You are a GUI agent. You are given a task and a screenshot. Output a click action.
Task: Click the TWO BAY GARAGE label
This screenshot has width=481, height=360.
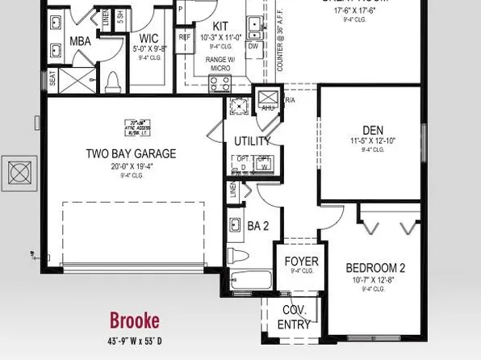click(x=131, y=153)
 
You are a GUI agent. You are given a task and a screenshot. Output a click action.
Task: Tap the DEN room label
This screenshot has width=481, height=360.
click(x=372, y=129)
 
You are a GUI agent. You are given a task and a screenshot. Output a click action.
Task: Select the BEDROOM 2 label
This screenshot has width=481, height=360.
click(x=375, y=268)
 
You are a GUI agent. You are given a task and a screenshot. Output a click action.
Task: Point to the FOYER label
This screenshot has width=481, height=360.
click(x=302, y=262)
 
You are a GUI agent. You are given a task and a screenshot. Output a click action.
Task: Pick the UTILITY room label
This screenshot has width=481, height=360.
click(x=252, y=141)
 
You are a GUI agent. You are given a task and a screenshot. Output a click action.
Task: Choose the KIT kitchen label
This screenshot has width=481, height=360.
click(x=220, y=27)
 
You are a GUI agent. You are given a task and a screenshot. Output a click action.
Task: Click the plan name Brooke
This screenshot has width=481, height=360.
click(x=134, y=320)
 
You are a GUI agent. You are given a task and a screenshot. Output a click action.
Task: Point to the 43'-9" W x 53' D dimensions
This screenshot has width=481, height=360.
click(x=134, y=339)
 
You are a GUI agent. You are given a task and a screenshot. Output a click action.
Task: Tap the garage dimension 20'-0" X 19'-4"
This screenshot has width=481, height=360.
click(x=131, y=166)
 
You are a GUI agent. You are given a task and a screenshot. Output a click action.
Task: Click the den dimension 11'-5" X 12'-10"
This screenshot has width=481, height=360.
click(x=372, y=140)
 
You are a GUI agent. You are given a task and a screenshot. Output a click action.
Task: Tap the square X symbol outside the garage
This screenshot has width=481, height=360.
click(x=18, y=172)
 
